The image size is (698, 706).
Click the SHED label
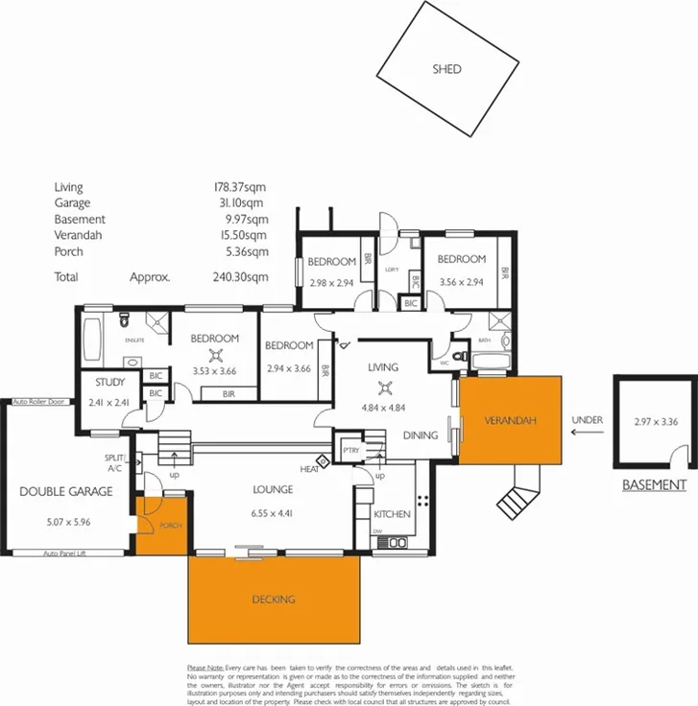click(x=446, y=69)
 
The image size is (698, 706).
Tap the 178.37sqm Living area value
click(x=240, y=187)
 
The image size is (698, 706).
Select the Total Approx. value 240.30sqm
click(x=240, y=276)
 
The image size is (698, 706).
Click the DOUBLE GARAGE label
click(x=66, y=491)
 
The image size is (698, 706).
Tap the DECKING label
click(x=275, y=599)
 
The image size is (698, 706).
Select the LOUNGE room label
click(x=273, y=489)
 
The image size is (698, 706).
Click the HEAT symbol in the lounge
click(x=324, y=462)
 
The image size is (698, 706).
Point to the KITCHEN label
click(x=392, y=514)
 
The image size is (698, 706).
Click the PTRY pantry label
click(x=350, y=449)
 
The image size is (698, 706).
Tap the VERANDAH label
click(x=508, y=421)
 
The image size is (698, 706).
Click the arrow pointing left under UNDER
click(x=587, y=432)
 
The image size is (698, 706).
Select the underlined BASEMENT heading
click(x=654, y=485)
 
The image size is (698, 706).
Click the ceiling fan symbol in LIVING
click(x=385, y=388)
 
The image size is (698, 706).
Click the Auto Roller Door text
click(x=38, y=402)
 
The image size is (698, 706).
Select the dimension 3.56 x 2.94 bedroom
click(x=461, y=282)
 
